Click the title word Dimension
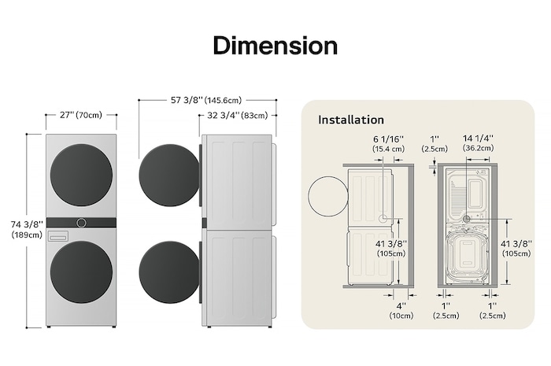click(x=275, y=45)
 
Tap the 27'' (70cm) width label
click(x=81, y=115)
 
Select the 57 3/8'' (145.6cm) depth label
click(x=207, y=100)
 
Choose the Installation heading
click(x=351, y=120)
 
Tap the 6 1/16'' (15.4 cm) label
click(x=388, y=142)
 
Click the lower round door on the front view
click(x=81, y=272)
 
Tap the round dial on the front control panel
click(x=81, y=223)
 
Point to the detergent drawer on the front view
click(x=58, y=235)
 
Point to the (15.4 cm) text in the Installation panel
click(x=388, y=148)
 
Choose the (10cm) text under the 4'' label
click(x=401, y=316)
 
